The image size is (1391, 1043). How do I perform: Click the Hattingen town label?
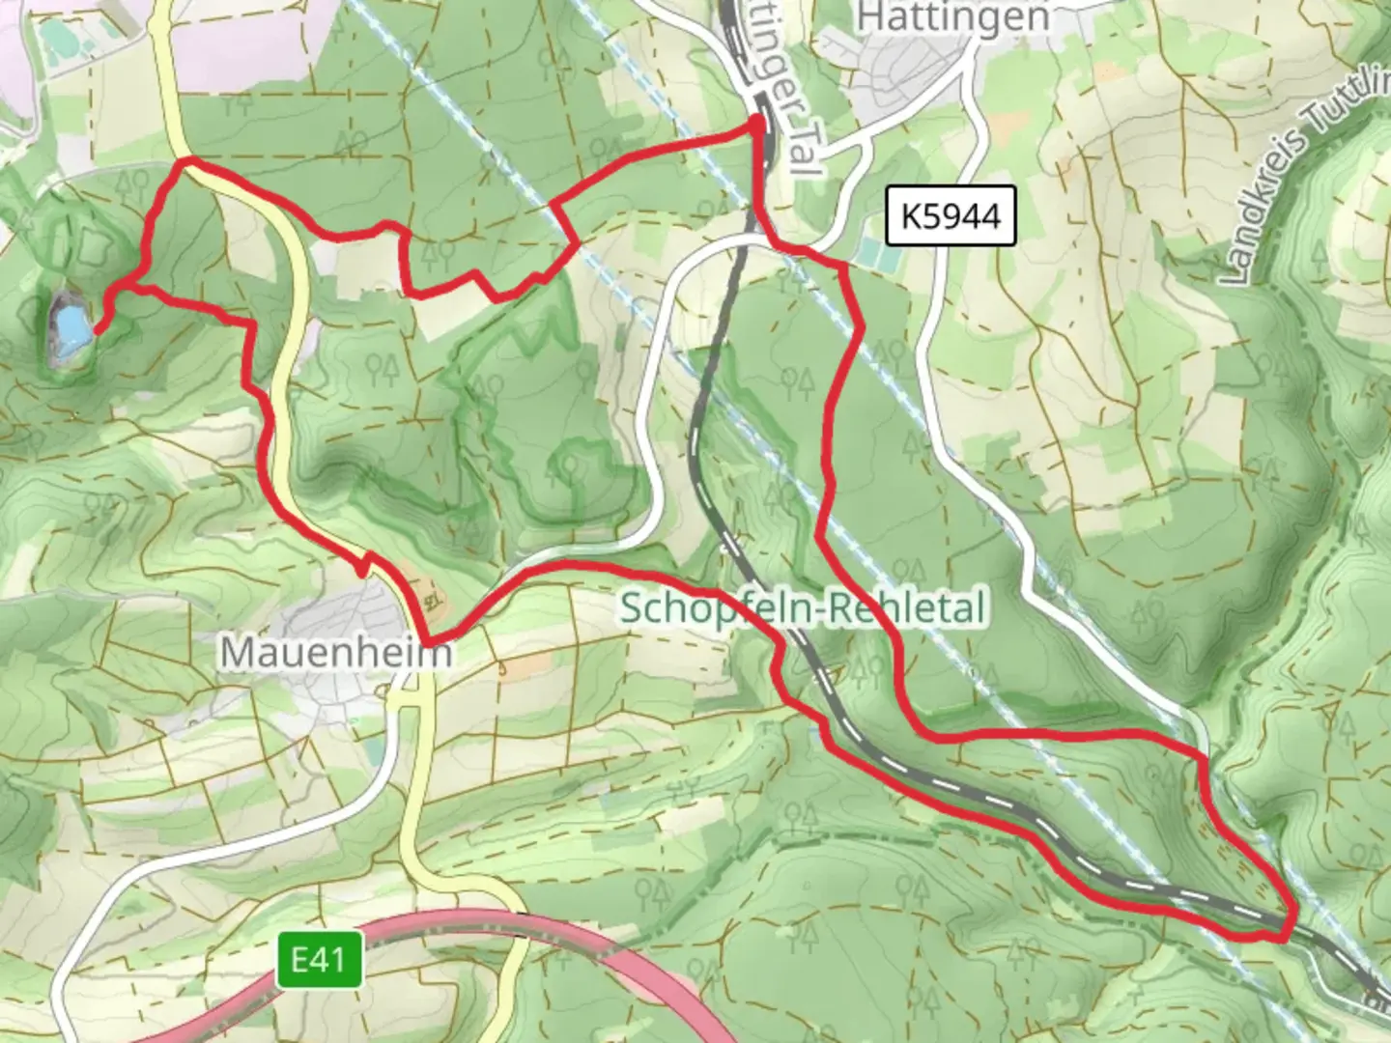click(x=952, y=16)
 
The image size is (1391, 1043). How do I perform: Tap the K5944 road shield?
click(x=951, y=215)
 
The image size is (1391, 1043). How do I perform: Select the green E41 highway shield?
click(x=319, y=960)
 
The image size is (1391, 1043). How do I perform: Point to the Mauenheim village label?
click(x=335, y=653)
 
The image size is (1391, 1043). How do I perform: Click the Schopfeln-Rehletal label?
click(x=802, y=608)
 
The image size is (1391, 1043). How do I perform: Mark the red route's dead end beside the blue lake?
click(x=98, y=331)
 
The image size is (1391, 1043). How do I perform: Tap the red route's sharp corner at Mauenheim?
click(x=425, y=638)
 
